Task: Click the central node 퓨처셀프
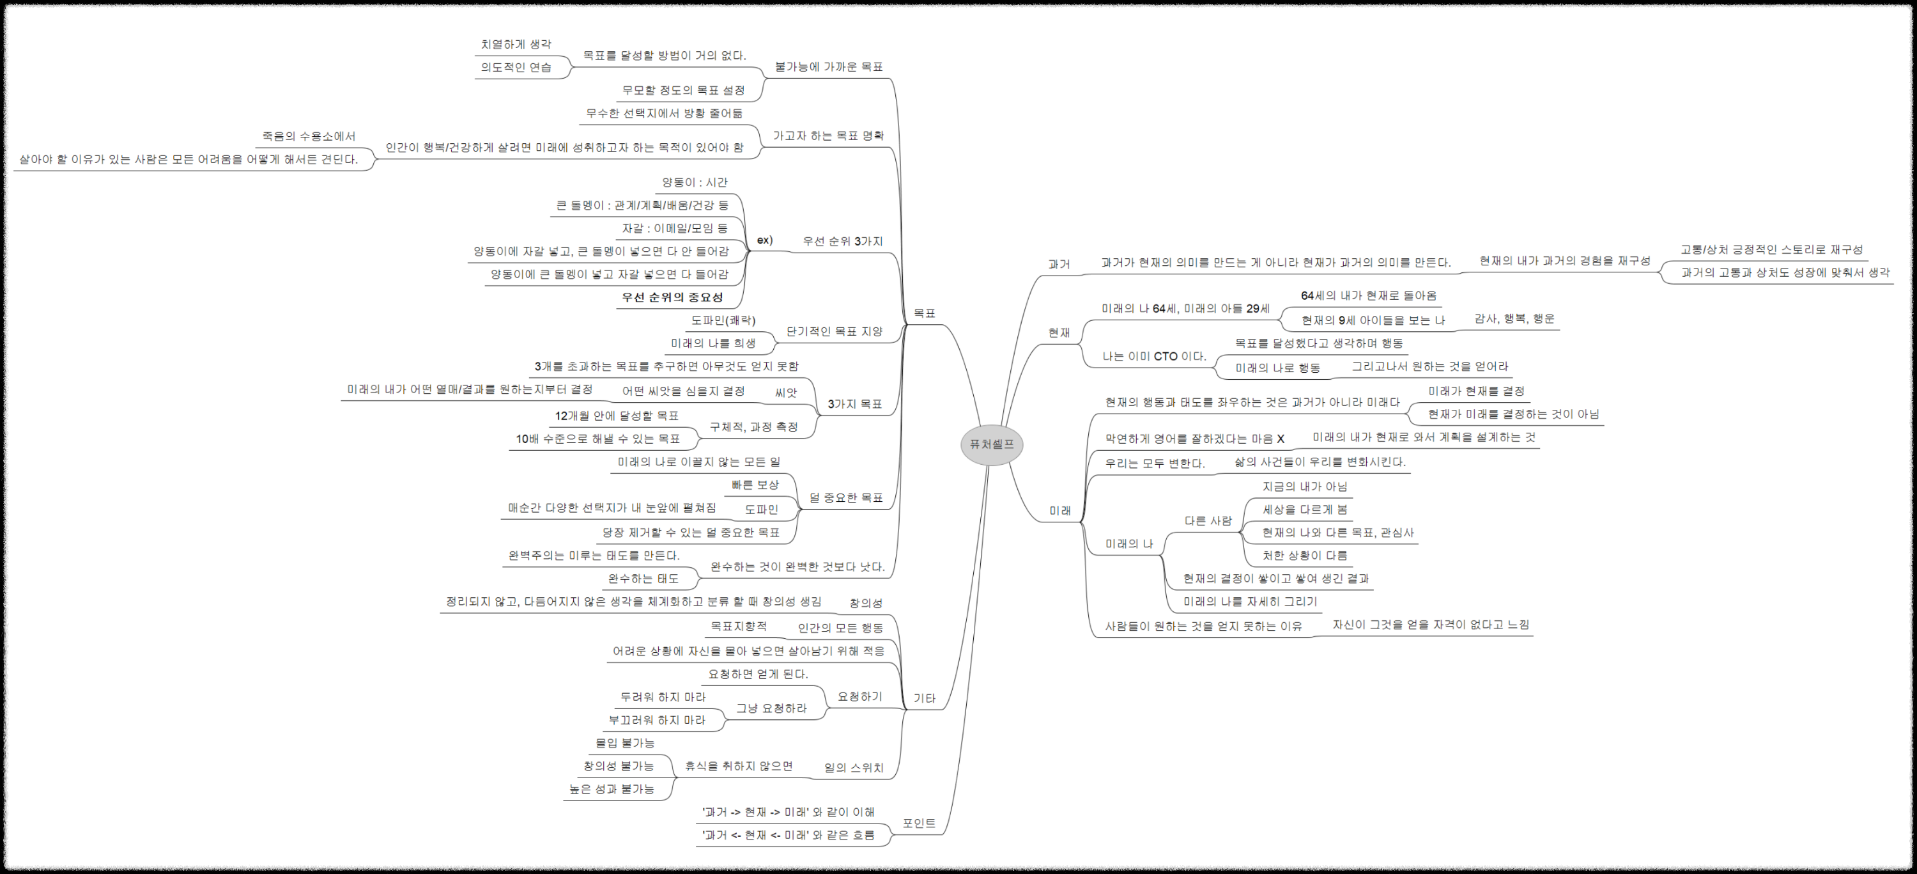pos(991,444)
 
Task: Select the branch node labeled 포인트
pos(919,823)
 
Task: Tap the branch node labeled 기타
pos(924,698)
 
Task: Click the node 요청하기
pos(859,697)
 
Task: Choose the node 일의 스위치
pos(854,767)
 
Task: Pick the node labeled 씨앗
pos(786,393)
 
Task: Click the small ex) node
pos(764,240)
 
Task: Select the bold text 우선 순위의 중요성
pos(673,297)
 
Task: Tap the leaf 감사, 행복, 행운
pos(1514,318)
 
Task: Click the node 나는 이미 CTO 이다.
pos(1154,357)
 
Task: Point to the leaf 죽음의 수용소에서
pos(309,136)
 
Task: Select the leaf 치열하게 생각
pos(516,45)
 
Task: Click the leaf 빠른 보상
pos(755,485)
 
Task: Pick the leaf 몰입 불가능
pos(624,743)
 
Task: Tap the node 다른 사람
pos(1208,521)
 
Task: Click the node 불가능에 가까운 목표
pos(828,67)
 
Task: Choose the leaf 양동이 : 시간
pos(695,182)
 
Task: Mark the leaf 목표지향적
pos(738,626)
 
